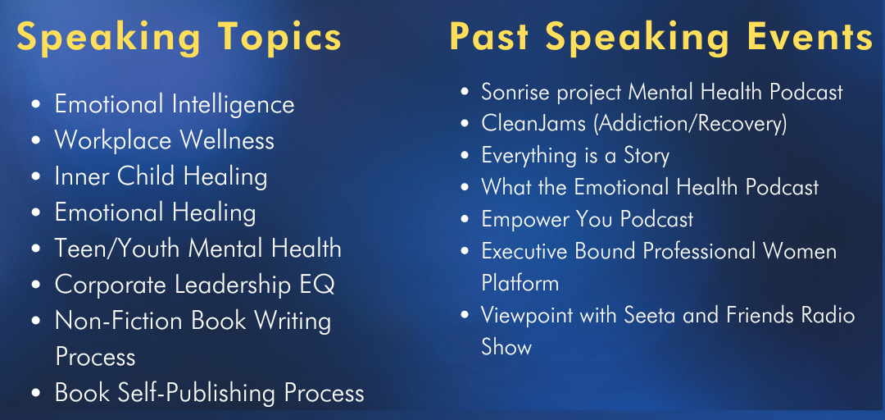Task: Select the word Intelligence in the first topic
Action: pos(234,105)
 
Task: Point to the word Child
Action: pos(142,177)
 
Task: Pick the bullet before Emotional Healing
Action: pos(36,214)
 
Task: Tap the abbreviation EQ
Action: pos(321,285)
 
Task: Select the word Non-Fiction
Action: pos(119,321)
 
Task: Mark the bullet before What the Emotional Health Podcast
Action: pos(465,187)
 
